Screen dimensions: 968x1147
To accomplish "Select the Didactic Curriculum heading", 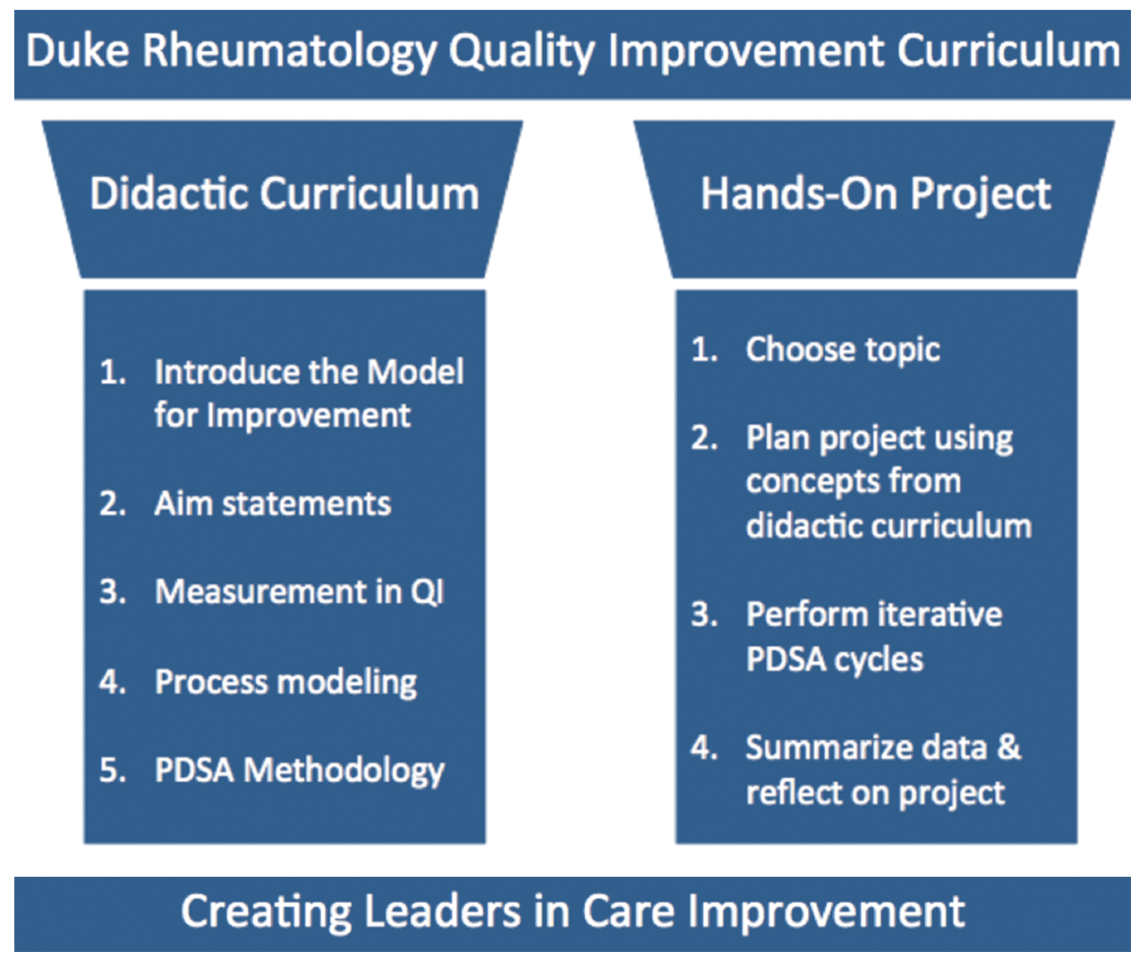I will pyautogui.click(x=285, y=194).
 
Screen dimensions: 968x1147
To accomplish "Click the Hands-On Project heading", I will pyautogui.click(x=875, y=194).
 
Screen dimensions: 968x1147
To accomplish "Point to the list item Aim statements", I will pyautogui.click(x=272, y=504).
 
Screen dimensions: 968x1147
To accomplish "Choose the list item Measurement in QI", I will pyautogui.click(x=299, y=592).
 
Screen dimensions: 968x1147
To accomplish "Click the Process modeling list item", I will pyautogui.click(x=285, y=682).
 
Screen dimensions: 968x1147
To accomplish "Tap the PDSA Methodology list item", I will pyautogui.click(x=299, y=770).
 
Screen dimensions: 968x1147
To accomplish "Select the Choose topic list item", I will pyautogui.click(x=842, y=350).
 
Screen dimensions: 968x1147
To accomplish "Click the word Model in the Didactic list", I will pyautogui.click(x=415, y=371).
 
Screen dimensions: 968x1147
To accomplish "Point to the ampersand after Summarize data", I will pyautogui.click(x=1008, y=747).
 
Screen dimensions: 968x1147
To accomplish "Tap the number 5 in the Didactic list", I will pyautogui.click(x=111, y=770).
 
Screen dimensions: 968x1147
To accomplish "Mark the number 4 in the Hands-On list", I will pyautogui.click(x=703, y=747).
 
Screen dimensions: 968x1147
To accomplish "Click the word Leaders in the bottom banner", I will pyautogui.click(x=442, y=912).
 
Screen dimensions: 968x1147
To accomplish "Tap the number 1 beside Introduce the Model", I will pyautogui.click(x=111, y=371).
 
